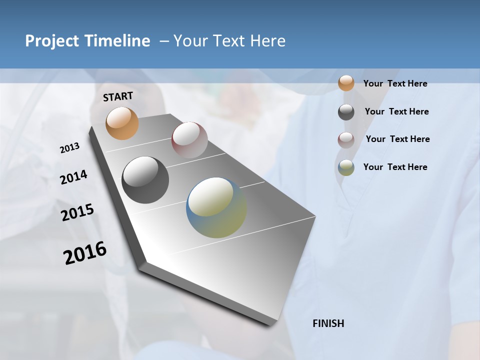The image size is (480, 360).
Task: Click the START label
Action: (118, 96)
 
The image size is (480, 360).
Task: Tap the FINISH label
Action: (328, 323)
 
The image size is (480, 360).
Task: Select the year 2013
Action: (69, 148)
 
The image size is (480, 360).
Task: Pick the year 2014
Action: (73, 177)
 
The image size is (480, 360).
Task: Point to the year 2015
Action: (77, 212)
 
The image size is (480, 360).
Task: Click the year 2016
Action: (85, 253)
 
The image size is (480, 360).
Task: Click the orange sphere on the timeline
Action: (122, 123)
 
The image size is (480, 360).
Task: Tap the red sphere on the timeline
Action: (189, 139)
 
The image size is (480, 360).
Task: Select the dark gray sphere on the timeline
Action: (145, 180)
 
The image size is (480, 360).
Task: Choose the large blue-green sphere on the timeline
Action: (216, 207)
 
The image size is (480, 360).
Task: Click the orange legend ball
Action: (346, 83)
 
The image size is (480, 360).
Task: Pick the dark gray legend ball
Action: (346, 112)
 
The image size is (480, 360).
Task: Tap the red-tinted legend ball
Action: (346, 140)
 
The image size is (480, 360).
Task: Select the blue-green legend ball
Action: (346, 167)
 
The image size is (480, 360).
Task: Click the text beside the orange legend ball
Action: (395, 83)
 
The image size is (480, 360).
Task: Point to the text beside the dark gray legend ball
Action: (396, 111)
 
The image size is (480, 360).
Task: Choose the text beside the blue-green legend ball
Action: (395, 167)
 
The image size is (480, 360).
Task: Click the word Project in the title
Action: (52, 41)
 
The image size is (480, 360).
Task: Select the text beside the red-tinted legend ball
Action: (397, 139)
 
